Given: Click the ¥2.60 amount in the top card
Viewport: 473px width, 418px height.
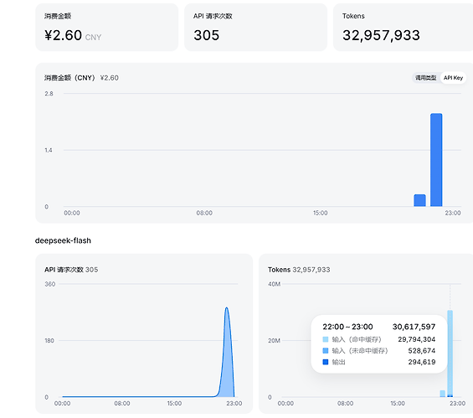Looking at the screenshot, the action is tap(64, 35).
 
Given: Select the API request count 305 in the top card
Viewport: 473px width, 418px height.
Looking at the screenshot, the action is tap(206, 35).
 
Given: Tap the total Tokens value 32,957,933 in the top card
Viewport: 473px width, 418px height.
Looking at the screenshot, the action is tap(381, 35).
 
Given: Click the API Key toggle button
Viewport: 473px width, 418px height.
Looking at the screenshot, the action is tap(453, 78).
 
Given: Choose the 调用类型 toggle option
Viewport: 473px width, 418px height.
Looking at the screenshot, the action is tap(425, 78).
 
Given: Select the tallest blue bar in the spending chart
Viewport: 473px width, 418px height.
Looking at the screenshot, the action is tap(436, 160).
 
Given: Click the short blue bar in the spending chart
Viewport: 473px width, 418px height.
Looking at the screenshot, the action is tap(419, 200).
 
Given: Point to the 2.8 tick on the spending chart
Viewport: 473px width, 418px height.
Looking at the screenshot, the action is tap(49, 94).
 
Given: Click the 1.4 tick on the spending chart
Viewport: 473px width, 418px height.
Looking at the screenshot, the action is tap(49, 150).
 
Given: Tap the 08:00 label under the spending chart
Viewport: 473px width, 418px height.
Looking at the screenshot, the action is tap(204, 213).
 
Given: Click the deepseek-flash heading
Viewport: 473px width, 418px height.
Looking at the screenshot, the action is tap(63, 240).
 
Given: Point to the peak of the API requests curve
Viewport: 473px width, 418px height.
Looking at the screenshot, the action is tap(227, 307).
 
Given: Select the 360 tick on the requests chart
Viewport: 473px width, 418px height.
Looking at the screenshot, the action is tap(49, 284).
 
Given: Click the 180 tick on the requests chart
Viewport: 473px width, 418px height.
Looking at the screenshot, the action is tap(49, 340).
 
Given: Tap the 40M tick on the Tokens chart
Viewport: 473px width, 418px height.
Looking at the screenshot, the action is tap(274, 284).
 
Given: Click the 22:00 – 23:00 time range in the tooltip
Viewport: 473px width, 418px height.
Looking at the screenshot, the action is tap(347, 327).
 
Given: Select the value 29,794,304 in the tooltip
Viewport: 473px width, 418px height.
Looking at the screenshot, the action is tap(417, 339).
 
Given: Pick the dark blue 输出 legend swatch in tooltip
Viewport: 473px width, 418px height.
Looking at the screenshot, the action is tap(326, 362).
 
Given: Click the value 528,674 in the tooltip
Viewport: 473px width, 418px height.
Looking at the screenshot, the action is tap(422, 351).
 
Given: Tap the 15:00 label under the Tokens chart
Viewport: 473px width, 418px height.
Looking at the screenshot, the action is tap(398, 403).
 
